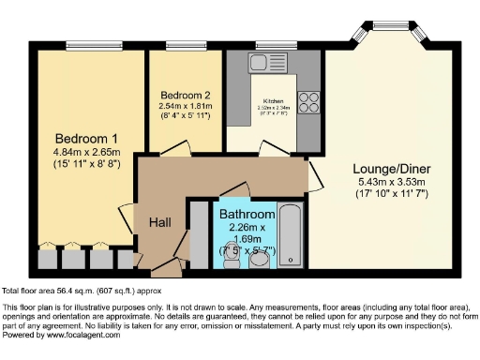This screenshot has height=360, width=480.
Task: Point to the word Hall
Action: [x=160, y=222]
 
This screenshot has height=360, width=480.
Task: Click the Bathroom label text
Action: [x=246, y=214]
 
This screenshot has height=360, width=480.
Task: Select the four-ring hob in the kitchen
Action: [x=307, y=100]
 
